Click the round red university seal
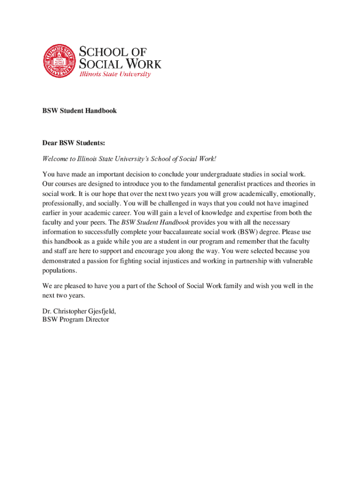[59, 61]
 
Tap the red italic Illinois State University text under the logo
[115, 74]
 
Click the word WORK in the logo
[141, 64]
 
